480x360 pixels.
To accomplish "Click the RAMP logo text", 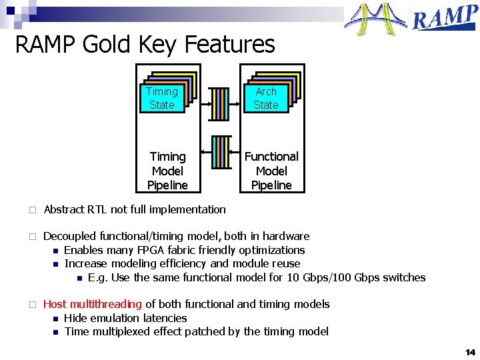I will (x=445, y=18).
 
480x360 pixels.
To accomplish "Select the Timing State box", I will (x=162, y=98).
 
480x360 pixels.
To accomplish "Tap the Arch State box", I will (x=266, y=98).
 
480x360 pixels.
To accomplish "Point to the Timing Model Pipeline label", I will (x=168, y=171).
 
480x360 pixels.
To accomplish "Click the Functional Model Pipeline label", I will (x=271, y=171).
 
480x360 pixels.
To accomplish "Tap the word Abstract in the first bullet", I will (x=63, y=209).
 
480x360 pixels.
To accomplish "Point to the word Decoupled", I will (x=70, y=236).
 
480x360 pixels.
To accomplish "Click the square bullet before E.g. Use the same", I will (x=79, y=278).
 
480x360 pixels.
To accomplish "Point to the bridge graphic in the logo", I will (x=375, y=19).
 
